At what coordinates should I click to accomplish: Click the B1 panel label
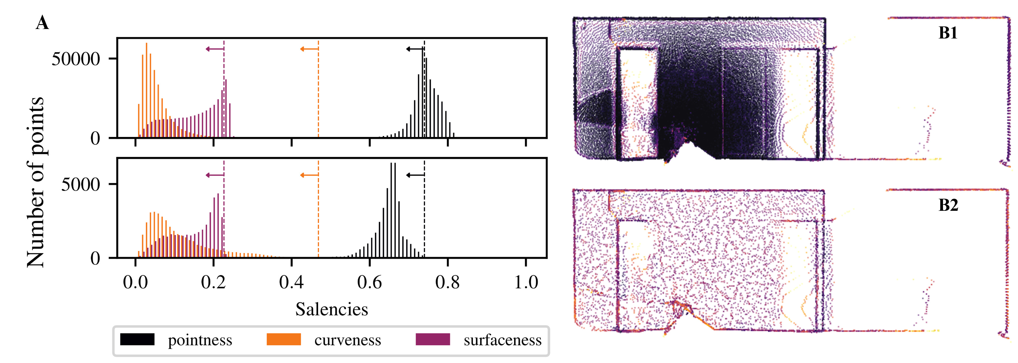[x=948, y=33]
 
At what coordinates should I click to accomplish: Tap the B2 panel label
[x=948, y=205]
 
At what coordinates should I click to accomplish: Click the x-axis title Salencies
[x=332, y=309]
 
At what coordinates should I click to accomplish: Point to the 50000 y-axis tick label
[x=76, y=59]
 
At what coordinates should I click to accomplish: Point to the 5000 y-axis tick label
[x=81, y=184]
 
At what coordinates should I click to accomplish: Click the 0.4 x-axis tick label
[x=291, y=282]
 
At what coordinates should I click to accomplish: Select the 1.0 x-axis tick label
[x=526, y=282]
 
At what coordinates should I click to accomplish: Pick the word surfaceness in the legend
[x=502, y=340]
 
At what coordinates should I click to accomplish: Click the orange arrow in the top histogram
[x=309, y=49]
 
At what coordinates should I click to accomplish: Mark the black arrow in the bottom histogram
[x=415, y=175]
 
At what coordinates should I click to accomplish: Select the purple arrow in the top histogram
[x=215, y=49]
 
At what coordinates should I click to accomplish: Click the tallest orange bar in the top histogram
[x=147, y=91]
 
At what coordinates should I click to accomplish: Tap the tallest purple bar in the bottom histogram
[x=218, y=225]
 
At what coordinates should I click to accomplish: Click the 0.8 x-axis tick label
[x=447, y=282]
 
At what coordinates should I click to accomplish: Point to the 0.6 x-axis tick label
[x=370, y=282]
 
